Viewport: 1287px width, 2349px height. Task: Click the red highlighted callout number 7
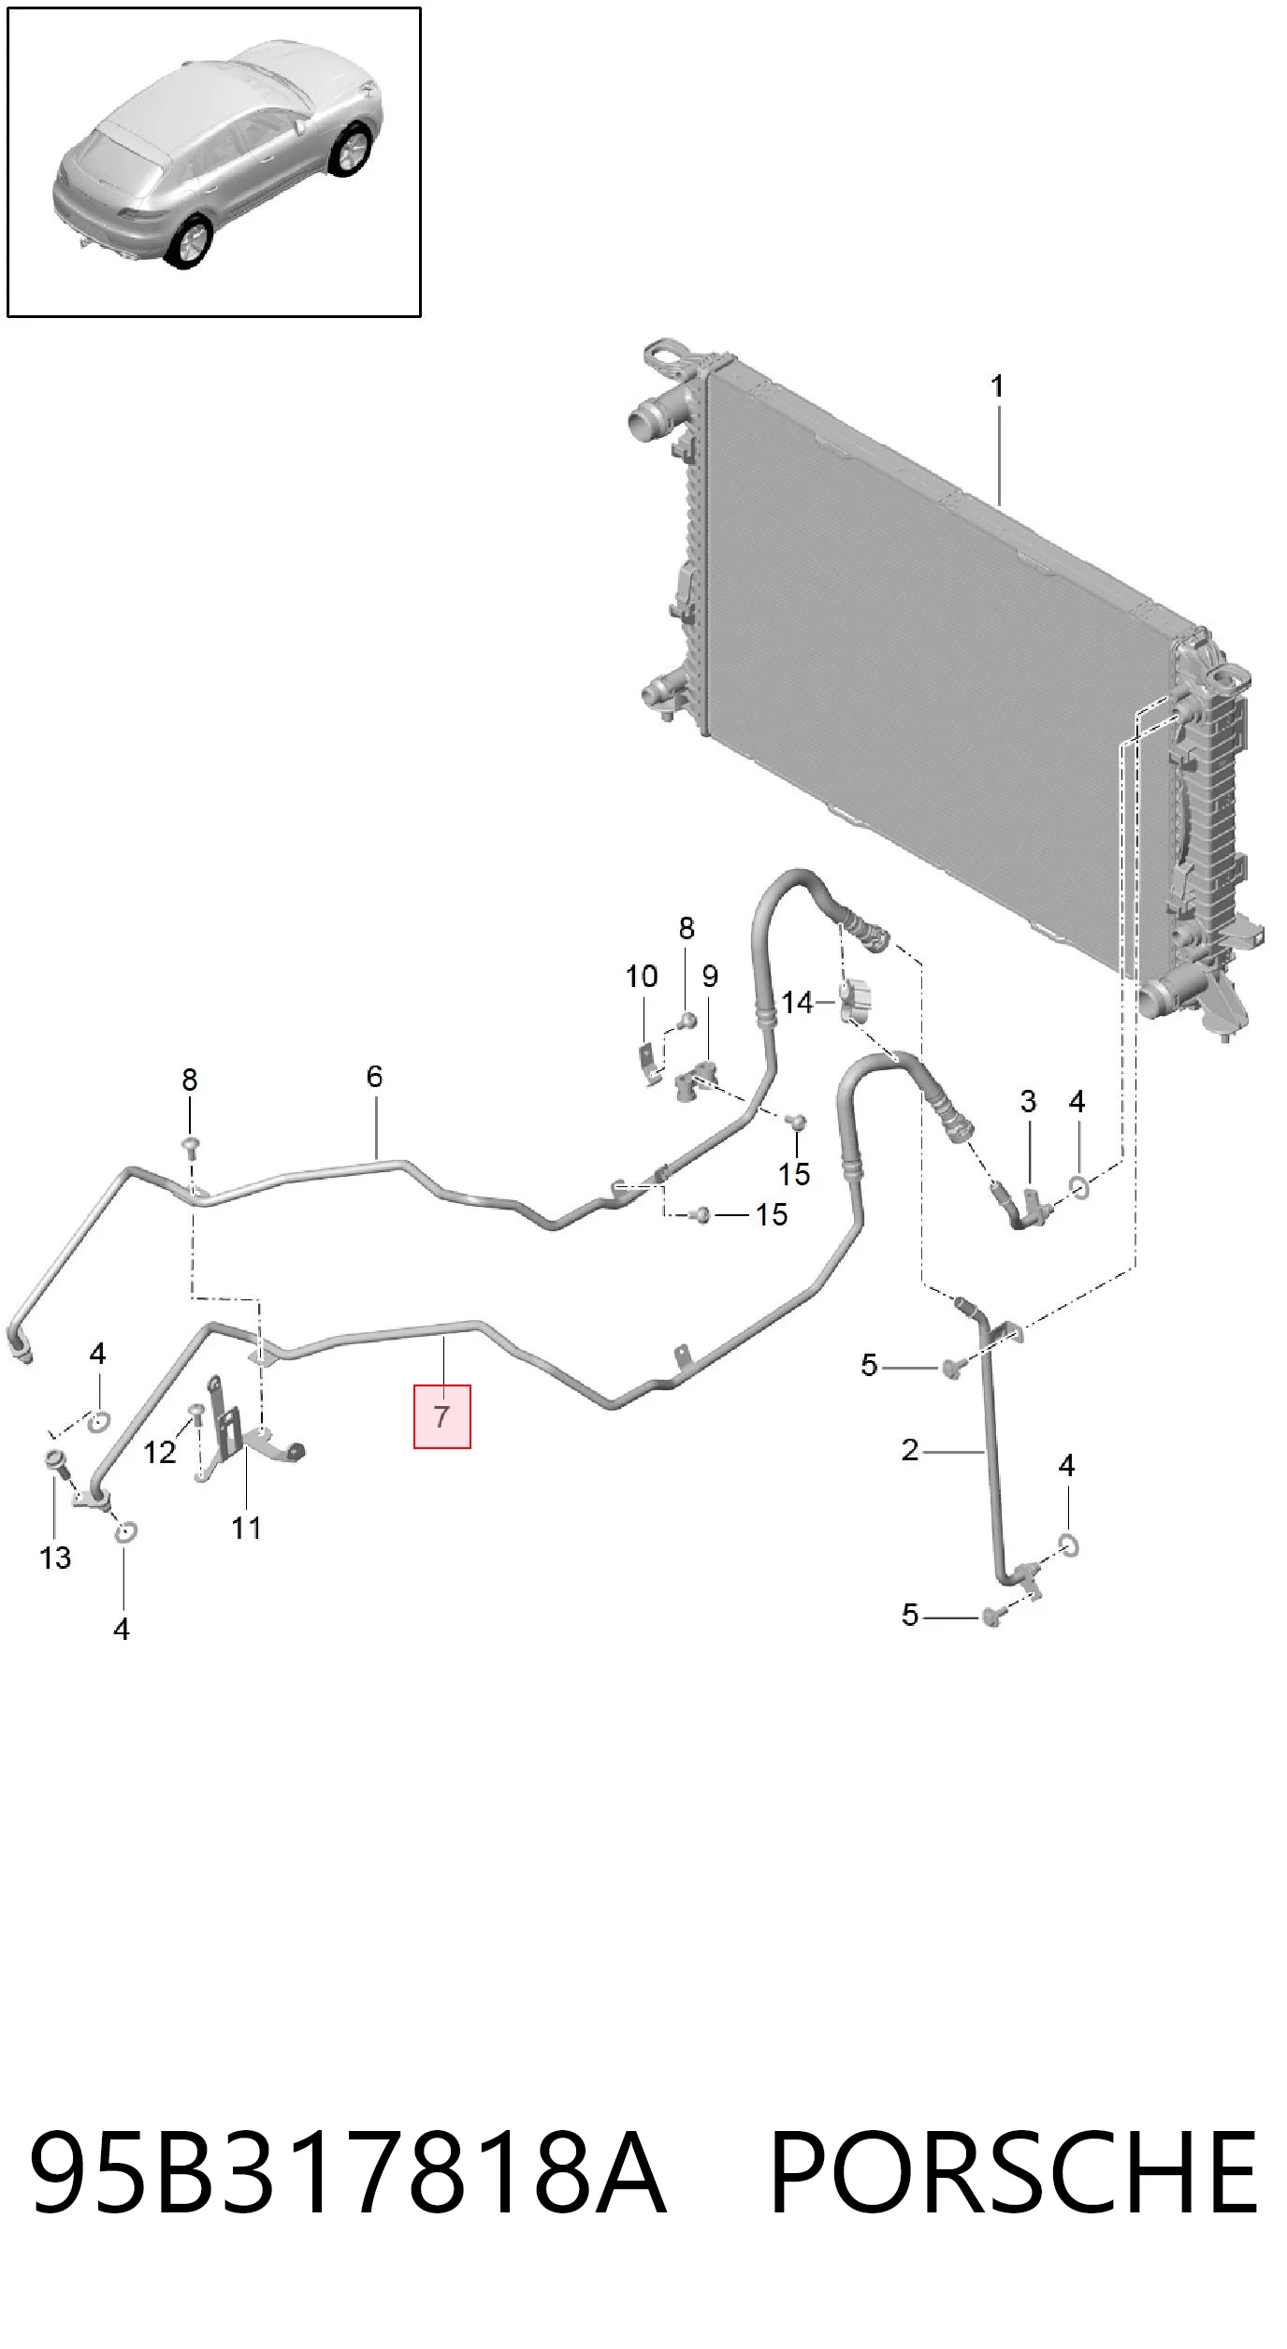(442, 1416)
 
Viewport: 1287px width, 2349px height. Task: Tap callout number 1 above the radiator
(997, 385)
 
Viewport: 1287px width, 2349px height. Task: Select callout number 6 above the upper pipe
(374, 1076)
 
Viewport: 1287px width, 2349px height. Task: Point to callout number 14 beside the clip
(797, 1003)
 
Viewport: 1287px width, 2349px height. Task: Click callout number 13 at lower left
(55, 1558)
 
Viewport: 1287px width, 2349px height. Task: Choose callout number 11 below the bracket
(246, 1528)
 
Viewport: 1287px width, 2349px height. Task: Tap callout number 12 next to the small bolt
(160, 1452)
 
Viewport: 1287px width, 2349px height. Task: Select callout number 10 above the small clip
(642, 976)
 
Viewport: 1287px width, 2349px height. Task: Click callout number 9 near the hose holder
(710, 976)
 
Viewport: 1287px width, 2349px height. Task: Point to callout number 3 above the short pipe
(1028, 1101)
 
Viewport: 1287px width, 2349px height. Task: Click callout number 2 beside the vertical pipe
(910, 1450)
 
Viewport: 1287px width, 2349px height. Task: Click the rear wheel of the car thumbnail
(190, 242)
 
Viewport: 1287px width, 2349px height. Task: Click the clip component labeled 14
(856, 1000)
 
